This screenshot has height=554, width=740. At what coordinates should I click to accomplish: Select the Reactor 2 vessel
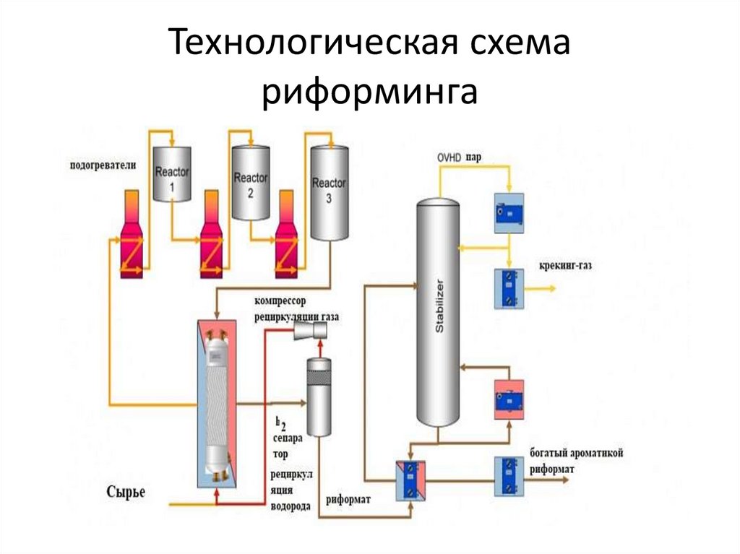point(250,183)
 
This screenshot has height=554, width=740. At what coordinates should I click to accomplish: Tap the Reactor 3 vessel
point(329,191)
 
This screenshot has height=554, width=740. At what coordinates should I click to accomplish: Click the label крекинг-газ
point(565,266)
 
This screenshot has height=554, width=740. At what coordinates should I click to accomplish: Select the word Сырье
point(126,492)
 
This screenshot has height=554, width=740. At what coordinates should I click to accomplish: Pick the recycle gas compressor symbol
point(311,332)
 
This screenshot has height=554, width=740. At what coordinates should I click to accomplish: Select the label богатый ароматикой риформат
point(576,460)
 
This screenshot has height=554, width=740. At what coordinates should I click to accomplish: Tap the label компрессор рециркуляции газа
point(296,308)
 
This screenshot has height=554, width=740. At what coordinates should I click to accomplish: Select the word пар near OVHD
point(474,157)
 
